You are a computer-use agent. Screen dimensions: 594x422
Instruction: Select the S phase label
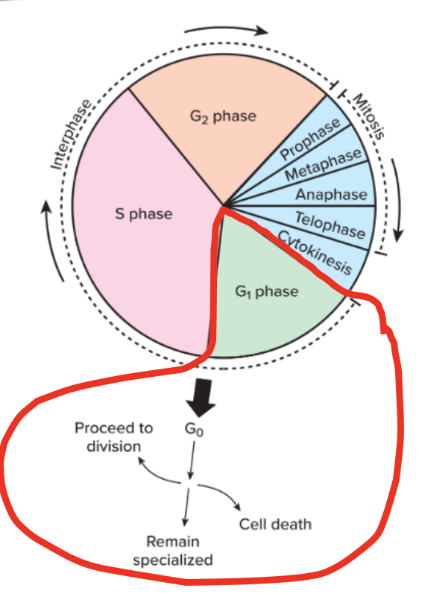pyautogui.click(x=142, y=214)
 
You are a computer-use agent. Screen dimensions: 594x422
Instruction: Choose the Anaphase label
pyautogui.click(x=332, y=196)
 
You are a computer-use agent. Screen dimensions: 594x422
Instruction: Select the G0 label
pyautogui.click(x=192, y=431)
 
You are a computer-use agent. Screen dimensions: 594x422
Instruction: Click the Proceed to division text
pyautogui.click(x=114, y=437)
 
